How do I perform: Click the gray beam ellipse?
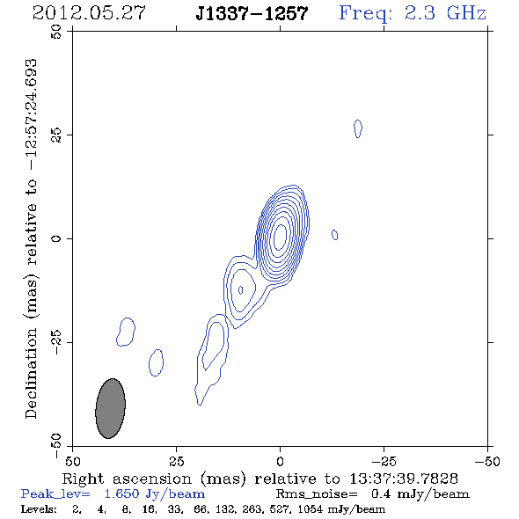[x=110, y=408]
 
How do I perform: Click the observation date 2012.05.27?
[x=89, y=13]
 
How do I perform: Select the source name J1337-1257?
[x=252, y=13]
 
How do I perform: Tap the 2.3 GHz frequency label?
[x=445, y=13]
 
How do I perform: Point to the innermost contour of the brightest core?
[x=281, y=237]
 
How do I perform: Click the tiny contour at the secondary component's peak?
[x=241, y=290]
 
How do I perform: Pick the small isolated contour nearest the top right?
[x=358, y=128]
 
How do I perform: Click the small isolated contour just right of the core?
[x=334, y=235]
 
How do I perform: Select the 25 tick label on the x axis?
[x=176, y=462]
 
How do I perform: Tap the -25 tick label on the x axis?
[x=384, y=462]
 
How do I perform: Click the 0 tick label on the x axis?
[x=280, y=462]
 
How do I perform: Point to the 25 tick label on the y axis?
[x=56, y=135]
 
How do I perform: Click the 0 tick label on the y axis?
[x=56, y=238]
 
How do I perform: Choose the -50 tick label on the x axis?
[x=487, y=462]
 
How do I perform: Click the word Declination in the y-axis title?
[x=31, y=373]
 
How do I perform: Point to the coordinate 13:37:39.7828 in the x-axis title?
[x=404, y=479]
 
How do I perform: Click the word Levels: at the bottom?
[x=39, y=508]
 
